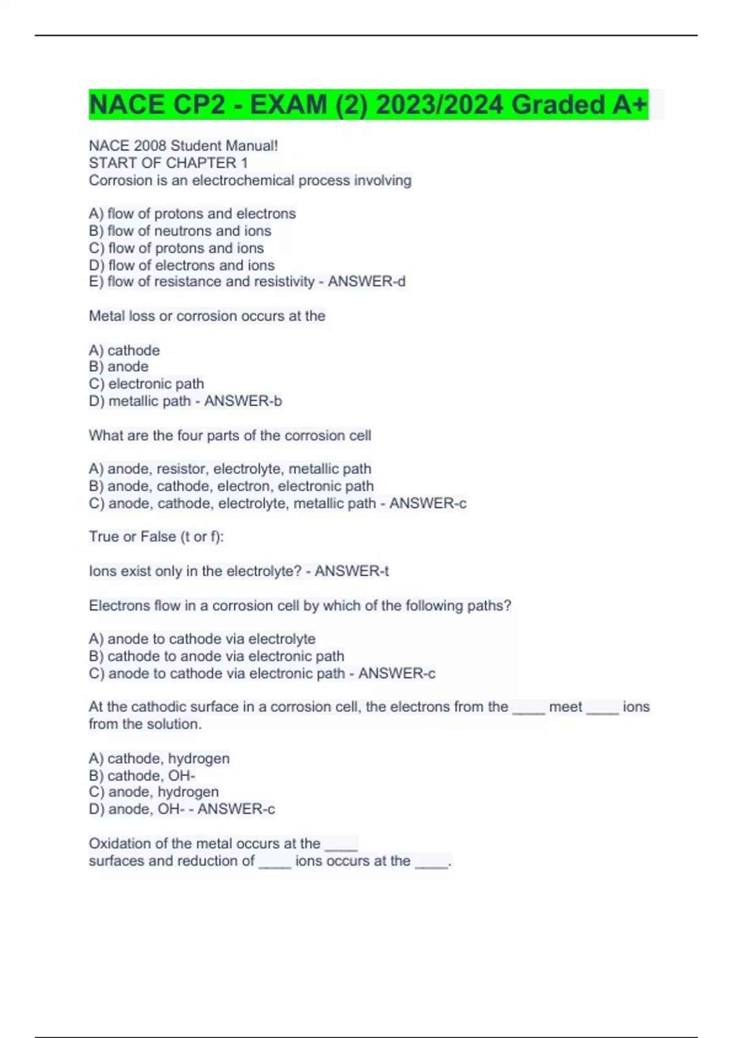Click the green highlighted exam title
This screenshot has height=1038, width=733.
368,104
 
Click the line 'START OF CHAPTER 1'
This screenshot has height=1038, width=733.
168,163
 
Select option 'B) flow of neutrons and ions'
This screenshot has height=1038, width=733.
180,231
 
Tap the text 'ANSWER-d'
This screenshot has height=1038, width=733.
366,281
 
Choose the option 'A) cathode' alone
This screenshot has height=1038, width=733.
124,350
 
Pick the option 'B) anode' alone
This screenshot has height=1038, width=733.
119,366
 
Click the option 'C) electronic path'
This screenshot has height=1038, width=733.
146,383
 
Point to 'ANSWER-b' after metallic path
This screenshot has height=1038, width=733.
243,401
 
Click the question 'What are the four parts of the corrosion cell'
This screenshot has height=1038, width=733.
230,435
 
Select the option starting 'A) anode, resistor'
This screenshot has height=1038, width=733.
230,469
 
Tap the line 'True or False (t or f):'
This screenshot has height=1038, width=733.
156,537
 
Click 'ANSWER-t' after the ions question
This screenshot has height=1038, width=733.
352,571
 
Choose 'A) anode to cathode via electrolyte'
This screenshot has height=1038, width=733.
202,639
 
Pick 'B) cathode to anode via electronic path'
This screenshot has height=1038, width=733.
216,656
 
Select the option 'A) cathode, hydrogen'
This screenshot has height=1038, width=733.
159,758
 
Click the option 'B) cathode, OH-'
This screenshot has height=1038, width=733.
142,775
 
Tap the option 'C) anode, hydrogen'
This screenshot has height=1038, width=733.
153,792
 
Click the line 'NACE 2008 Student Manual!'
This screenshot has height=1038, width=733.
183,146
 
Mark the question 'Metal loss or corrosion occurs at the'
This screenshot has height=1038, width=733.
207,316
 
